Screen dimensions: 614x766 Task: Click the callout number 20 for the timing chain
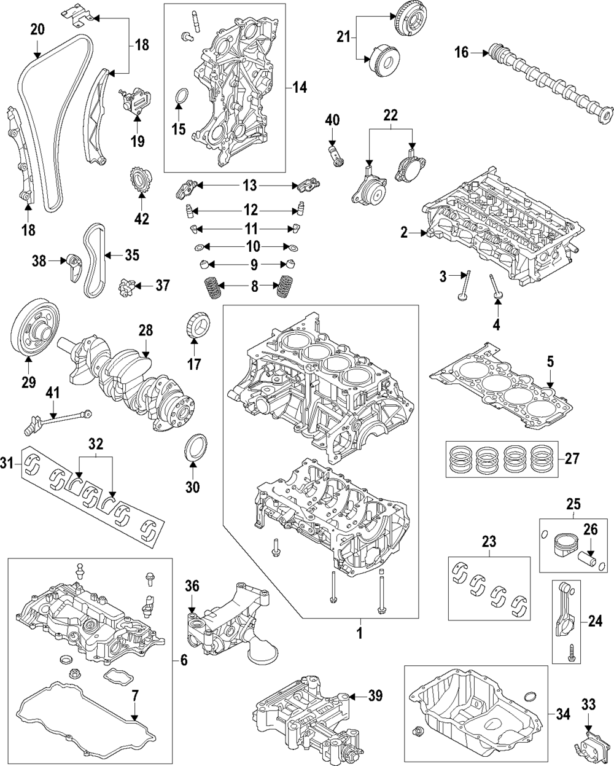pos(37,29)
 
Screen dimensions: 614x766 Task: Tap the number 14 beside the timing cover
pos(300,87)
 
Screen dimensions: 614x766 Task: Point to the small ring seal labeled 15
pos(182,95)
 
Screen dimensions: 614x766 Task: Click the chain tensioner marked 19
pos(135,100)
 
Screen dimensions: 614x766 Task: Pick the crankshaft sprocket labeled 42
pos(141,181)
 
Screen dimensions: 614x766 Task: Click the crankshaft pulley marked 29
pos(35,332)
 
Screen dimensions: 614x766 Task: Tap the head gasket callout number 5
pos(550,362)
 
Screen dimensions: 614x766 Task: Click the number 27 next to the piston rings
pos(572,458)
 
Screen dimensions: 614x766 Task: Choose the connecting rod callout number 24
pos(595,622)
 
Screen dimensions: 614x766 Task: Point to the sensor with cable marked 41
pos(59,422)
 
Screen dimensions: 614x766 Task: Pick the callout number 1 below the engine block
pos(359,633)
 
